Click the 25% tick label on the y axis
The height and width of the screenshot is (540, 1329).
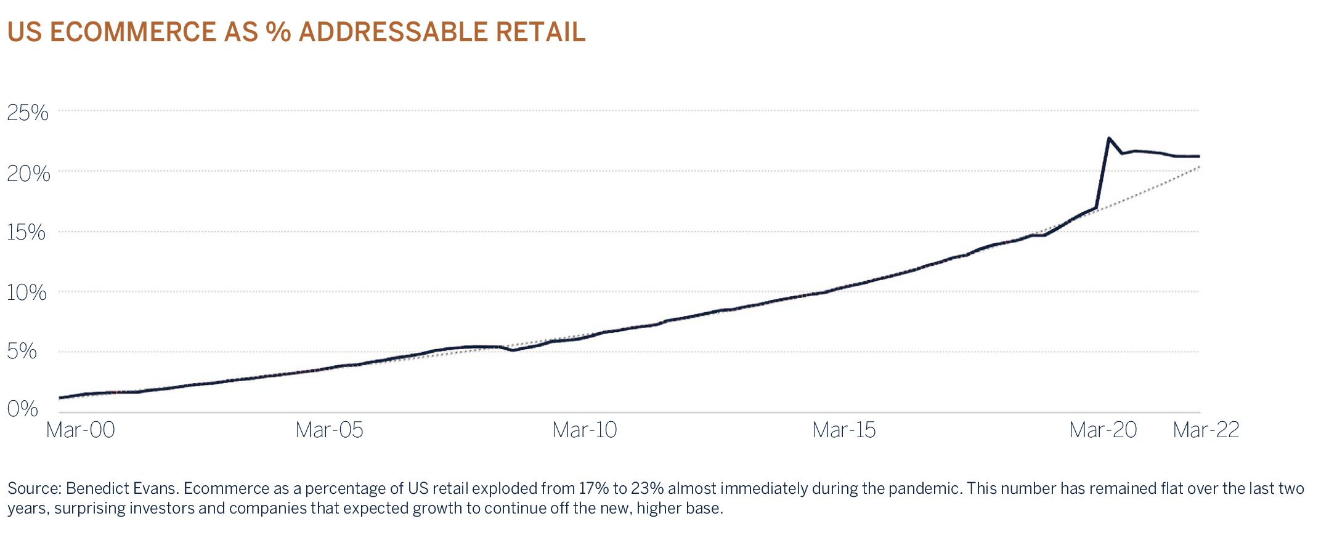(28, 113)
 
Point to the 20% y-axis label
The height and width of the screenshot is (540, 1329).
(28, 174)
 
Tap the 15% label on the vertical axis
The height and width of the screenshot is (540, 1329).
(26, 232)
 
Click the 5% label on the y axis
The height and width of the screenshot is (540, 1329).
(22, 352)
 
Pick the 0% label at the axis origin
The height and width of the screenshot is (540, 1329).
(23, 409)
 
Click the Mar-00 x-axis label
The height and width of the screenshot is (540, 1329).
(81, 430)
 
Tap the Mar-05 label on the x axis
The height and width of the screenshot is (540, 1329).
(330, 430)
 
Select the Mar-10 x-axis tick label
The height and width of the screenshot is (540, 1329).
(585, 430)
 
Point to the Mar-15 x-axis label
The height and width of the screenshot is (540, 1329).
(844, 430)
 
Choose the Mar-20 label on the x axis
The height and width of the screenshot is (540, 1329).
(1103, 430)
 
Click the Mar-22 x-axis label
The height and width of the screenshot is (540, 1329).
(1206, 430)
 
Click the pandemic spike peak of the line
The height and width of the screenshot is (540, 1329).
(1108, 138)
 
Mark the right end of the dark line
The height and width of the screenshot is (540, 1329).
(1198, 156)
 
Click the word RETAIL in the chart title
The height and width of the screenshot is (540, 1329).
(540, 32)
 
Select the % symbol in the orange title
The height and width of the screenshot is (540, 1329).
(278, 32)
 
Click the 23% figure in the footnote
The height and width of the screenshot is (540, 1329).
(648, 489)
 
